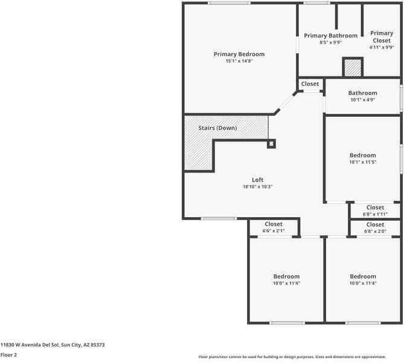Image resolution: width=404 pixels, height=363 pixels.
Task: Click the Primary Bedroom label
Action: [239, 54]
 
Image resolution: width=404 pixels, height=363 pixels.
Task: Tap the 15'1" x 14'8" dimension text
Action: [239, 61]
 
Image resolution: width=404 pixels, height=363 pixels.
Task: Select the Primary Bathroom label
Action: [330, 36]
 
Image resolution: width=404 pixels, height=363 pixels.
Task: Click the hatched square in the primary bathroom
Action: [353, 67]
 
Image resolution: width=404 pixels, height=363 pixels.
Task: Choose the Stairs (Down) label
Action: [217, 128]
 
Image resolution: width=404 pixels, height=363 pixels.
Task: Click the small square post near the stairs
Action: [271, 143]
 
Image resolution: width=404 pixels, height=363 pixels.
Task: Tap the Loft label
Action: [257, 180]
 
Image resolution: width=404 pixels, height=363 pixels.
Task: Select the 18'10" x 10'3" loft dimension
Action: [257, 187]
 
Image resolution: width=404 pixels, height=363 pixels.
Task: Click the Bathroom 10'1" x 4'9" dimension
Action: [362, 100]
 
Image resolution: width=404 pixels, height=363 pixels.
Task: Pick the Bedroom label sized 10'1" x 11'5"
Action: [362, 155]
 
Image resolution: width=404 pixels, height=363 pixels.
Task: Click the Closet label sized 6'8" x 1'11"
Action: [375, 208]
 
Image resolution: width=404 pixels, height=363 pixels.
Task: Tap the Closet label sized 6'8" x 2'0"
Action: [375, 224]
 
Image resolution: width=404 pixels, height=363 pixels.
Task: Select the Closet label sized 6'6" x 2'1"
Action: [273, 224]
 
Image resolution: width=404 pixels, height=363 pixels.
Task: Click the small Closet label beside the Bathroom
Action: [310, 84]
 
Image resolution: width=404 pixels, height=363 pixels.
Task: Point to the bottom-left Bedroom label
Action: [286, 276]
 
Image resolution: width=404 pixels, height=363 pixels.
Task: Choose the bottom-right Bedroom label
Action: [362, 276]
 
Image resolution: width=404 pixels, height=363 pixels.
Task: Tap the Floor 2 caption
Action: [8, 355]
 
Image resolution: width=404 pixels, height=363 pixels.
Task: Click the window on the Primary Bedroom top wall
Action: [229, 4]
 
